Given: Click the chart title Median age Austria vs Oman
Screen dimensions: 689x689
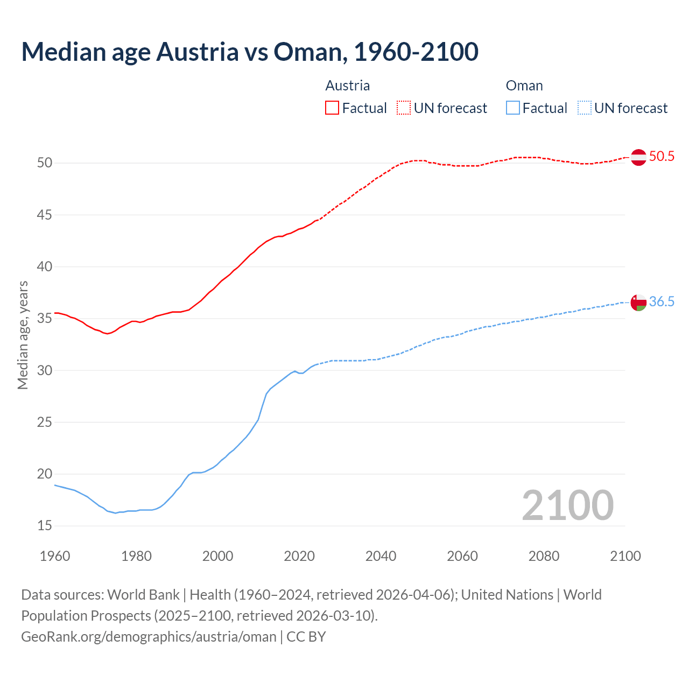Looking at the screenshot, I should [250, 52].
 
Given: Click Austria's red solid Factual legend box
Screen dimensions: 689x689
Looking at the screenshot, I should [332, 108].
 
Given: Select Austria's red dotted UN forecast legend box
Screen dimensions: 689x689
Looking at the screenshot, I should [404, 108].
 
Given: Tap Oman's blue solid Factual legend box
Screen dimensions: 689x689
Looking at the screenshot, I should [513, 108].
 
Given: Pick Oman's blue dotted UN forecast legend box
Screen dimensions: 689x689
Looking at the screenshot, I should [584, 108].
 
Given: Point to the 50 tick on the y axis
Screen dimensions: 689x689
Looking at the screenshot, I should [45, 163].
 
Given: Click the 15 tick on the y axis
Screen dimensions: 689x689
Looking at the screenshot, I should [45, 525].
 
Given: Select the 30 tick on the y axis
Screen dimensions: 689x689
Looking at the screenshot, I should [45, 370].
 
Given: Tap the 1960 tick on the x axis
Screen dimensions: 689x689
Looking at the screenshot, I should [55, 556].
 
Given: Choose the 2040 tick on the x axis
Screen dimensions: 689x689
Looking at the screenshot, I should [381, 556].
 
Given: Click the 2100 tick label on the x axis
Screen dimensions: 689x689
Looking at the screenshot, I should [625, 556].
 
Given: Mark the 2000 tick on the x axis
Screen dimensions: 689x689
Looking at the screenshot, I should [217, 556].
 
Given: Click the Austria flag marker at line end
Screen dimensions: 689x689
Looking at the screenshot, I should [638, 157].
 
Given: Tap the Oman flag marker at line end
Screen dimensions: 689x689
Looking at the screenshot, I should [638, 303].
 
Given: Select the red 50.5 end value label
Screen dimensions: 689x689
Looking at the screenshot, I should [662, 157].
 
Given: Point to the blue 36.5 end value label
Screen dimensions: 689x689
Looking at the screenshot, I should [662, 302].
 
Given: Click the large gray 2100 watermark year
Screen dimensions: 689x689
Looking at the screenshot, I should [567, 505].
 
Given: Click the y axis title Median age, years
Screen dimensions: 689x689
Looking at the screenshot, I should [23, 335].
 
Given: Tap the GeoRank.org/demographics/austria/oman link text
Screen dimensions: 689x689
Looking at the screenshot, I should [149, 637].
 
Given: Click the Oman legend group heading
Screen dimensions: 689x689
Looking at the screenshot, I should [524, 86].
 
